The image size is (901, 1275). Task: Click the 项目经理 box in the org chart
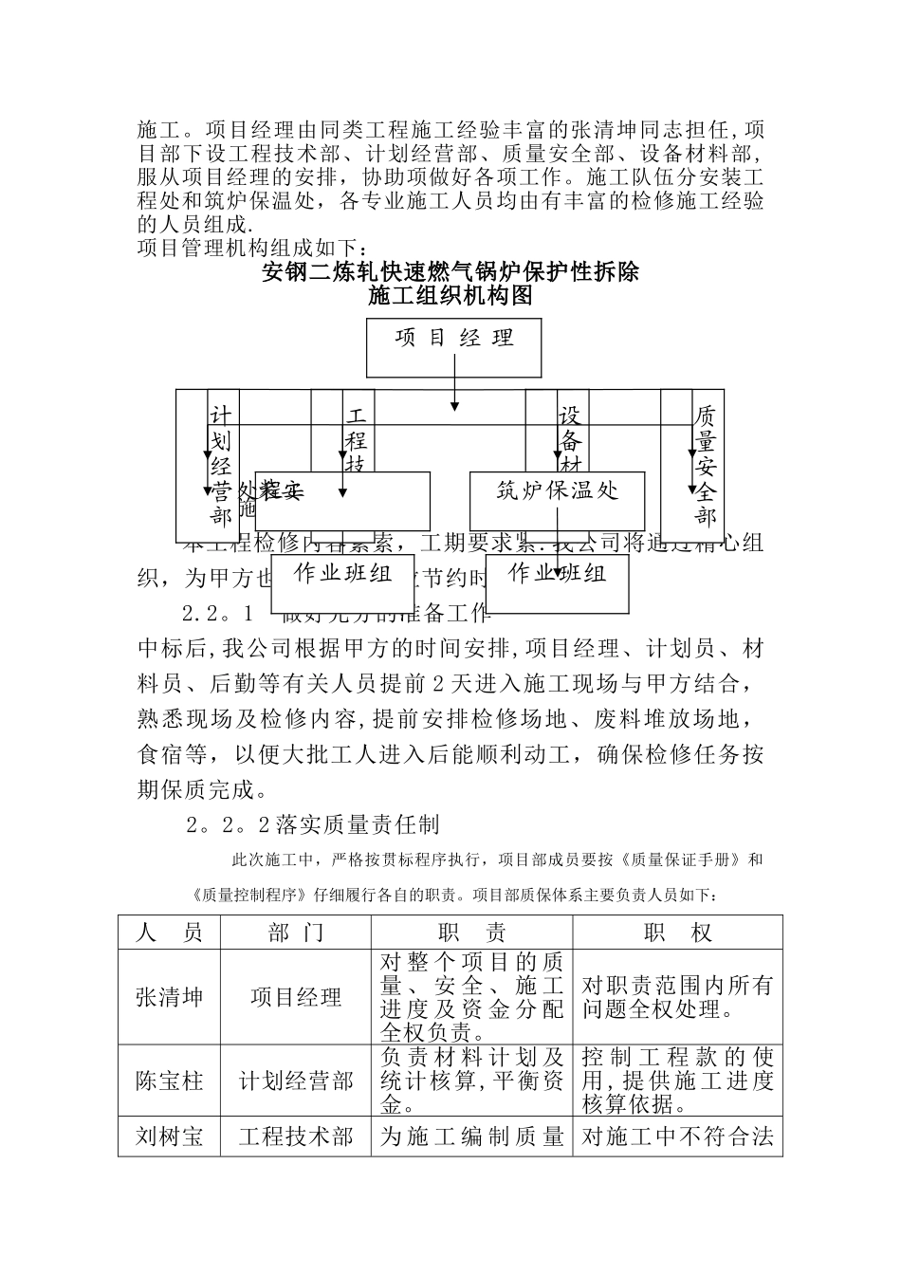pyautogui.click(x=453, y=347)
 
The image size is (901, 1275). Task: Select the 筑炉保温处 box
pyautogui.click(x=557, y=500)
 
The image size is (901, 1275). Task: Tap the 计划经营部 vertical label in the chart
pyautogui.click(x=221, y=466)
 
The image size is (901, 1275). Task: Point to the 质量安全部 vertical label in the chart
pyautogui.click(x=705, y=466)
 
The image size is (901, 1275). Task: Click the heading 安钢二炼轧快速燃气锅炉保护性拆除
pyautogui.click(x=450, y=273)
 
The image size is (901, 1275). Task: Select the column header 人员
pyautogui.click(x=170, y=933)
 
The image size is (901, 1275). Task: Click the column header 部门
pyautogui.click(x=297, y=933)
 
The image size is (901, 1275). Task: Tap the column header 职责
pyautogui.click(x=472, y=933)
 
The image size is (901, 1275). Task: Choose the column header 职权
pyautogui.click(x=677, y=933)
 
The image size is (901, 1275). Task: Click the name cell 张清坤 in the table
pyautogui.click(x=170, y=997)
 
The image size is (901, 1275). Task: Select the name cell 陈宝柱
pyautogui.click(x=170, y=1081)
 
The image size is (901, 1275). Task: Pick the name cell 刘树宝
pyautogui.click(x=170, y=1136)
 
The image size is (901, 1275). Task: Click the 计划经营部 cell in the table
pyautogui.click(x=297, y=1081)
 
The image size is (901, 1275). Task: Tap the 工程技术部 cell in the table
pyautogui.click(x=297, y=1136)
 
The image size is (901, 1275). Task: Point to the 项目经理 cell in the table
pyautogui.click(x=297, y=997)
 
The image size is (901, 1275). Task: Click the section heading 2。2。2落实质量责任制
pyautogui.click(x=313, y=824)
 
